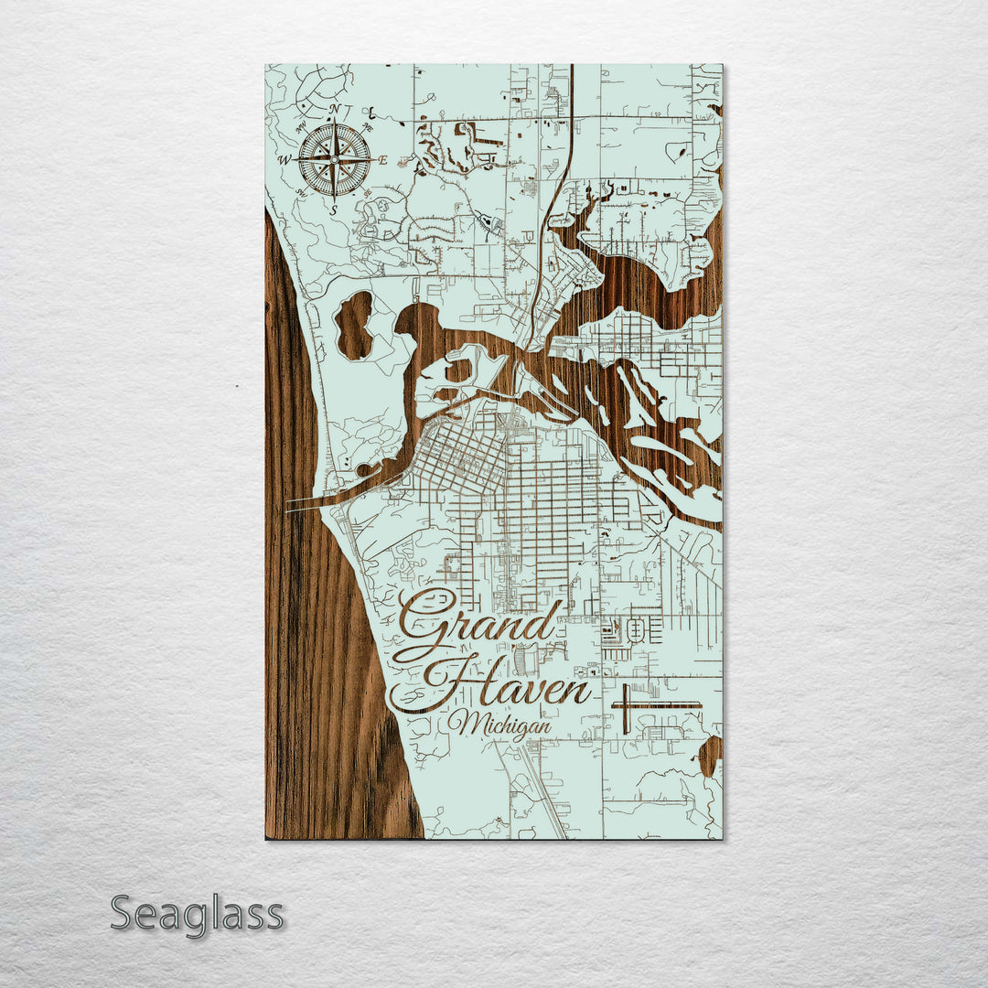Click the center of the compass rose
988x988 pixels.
point(334,159)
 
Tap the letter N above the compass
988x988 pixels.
point(334,110)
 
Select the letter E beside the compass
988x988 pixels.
point(383,160)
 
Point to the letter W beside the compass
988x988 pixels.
point(285,161)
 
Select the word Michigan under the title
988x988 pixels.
point(499,725)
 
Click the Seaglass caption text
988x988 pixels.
point(197,914)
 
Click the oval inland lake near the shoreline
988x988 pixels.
point(354,325)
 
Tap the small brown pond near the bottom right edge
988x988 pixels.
point(710,756)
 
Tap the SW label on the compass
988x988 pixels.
point(301,194)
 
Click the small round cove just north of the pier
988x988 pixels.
point(364,470)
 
